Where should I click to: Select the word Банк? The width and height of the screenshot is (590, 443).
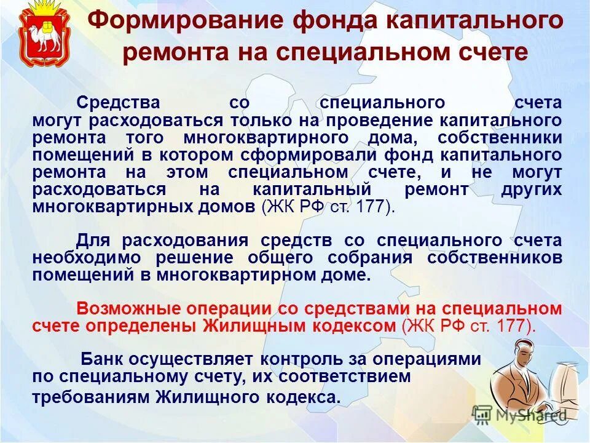[104, 359]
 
